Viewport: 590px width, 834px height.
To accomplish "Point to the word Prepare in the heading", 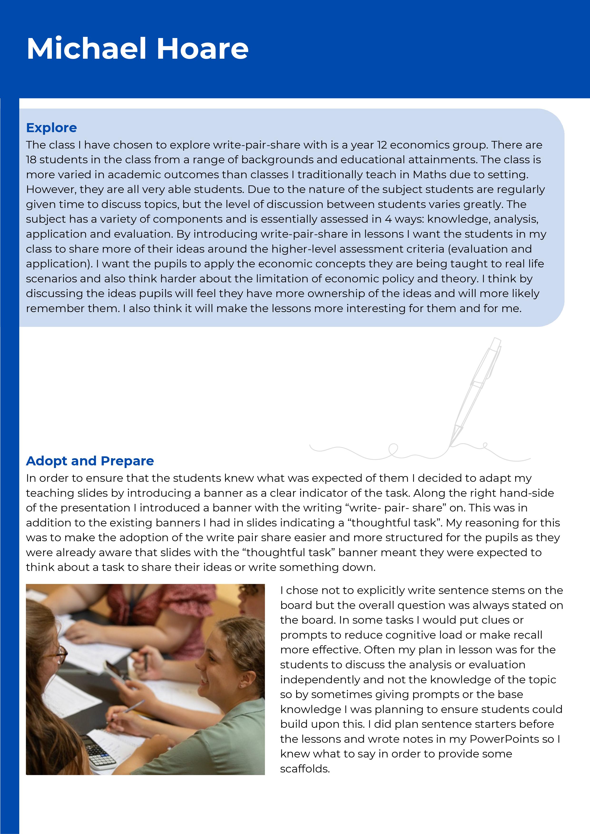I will pyautogui.click(x=127, y=461).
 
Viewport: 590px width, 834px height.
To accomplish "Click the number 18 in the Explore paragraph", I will pyautogui.click(x=31, y=160).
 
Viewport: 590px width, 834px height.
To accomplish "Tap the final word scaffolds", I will pyautogui.click(x=305, y=769).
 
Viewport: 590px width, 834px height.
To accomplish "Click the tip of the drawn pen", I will pyautogui.click(x=451, y=445).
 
